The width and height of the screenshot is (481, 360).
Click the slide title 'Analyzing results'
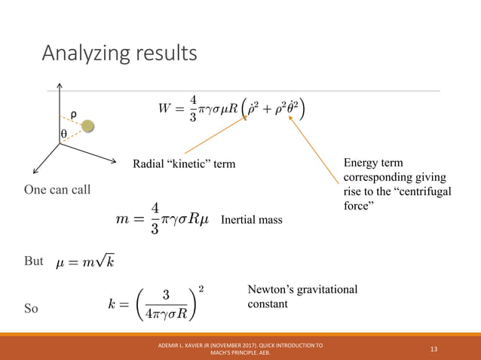(x=119, y=54)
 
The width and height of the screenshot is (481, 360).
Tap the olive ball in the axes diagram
(x=88, y=126)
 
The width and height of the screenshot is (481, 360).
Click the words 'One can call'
(x=57, y=189)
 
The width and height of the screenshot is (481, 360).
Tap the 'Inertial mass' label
(x=252, y=220)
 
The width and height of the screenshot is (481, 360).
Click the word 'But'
(x=34, y=261)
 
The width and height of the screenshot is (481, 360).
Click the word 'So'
(x=32, y=309)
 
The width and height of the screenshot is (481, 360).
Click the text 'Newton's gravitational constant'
(x=302, y=297)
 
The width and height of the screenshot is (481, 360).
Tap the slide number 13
(x=434, y=348)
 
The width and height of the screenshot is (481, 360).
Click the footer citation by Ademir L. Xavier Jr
(x=240, y=348)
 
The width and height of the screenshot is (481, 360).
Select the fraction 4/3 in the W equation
(x=193, y=108)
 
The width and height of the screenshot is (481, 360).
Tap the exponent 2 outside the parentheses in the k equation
(x=201, y=288)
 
